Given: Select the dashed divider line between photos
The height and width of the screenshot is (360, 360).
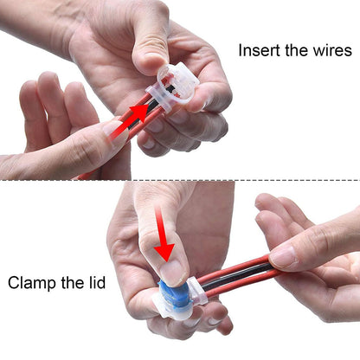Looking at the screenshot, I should pyautogui.click(x=180, y=180).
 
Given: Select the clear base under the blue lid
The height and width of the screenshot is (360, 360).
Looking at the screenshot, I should pyautogui.click(x=170, y=303).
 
